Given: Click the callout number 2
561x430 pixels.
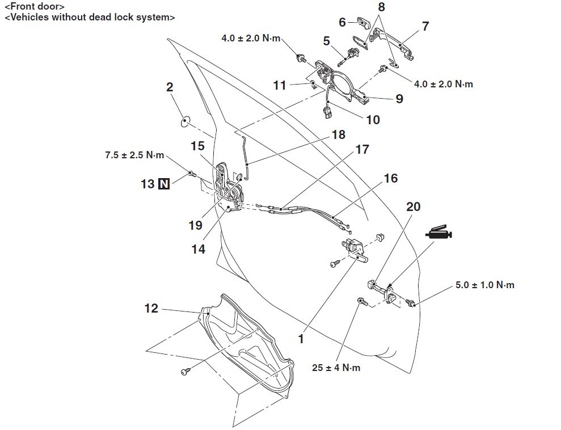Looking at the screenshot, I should [x=170, y=87].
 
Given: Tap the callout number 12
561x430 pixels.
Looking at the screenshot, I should [x=151, y=309].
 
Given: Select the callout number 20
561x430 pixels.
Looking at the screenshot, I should [x=414, y=206].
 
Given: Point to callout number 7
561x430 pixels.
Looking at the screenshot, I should [x=425, y=26].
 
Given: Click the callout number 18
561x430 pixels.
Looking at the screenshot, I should [x=339, y=136].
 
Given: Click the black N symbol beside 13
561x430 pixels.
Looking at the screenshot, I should [x=164, y=184].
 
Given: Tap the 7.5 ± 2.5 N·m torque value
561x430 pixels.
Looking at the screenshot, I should [x=134, y=154].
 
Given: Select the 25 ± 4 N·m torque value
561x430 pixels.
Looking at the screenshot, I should [x=336, y=368].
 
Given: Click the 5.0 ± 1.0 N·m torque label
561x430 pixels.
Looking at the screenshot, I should [x=484, y=285].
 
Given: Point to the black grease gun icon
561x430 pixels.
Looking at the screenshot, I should [x=438, y=233].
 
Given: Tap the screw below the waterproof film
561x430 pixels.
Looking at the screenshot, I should [x=185, y=371].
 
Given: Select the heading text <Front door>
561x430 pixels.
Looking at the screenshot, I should [x=35, y=7].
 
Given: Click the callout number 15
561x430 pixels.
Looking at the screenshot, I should [x=197, y=146].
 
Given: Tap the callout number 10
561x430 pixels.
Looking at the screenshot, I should [x=373, y=120].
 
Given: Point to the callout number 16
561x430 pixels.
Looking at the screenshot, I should [x=391, y=178].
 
